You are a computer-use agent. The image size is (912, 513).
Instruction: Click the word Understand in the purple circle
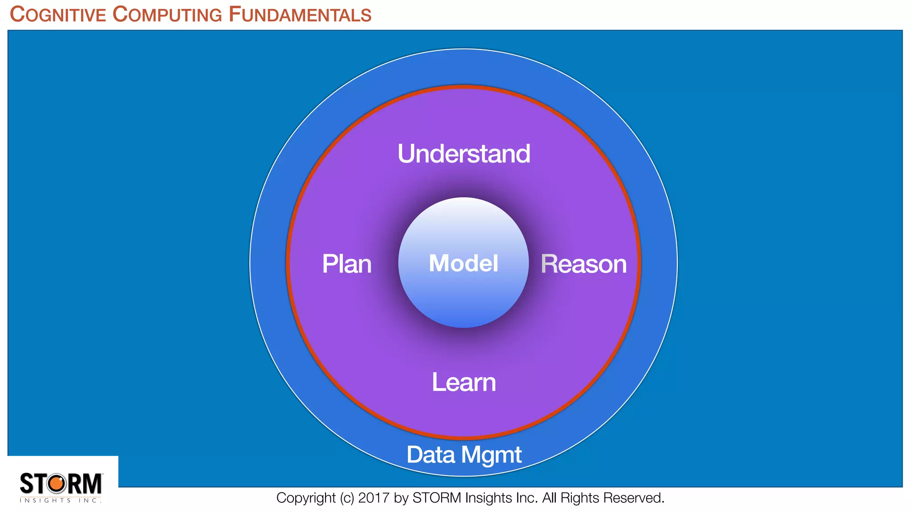click(464, 154)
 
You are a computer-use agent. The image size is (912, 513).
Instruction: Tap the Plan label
click(346, 264)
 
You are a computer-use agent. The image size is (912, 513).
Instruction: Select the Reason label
click(583, 264)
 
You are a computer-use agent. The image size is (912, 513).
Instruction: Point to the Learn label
click(464, 383)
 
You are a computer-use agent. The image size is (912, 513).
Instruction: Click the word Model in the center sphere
click(463, 263)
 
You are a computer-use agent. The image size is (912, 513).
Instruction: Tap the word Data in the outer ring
click(431, 455)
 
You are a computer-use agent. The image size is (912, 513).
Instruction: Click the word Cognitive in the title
click(58, 15)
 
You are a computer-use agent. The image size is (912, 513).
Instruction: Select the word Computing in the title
click(167, 15)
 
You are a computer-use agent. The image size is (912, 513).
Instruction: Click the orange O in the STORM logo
click(57, 484)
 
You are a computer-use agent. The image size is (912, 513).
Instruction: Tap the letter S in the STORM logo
click(27, 484)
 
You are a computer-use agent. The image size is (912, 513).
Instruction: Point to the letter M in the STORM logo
click(92, 484)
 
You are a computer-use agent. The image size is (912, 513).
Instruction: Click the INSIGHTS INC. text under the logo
click(61, 501)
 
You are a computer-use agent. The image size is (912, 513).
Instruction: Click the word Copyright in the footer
click(306, 498)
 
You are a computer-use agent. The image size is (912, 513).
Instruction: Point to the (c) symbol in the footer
click(347, 498)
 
